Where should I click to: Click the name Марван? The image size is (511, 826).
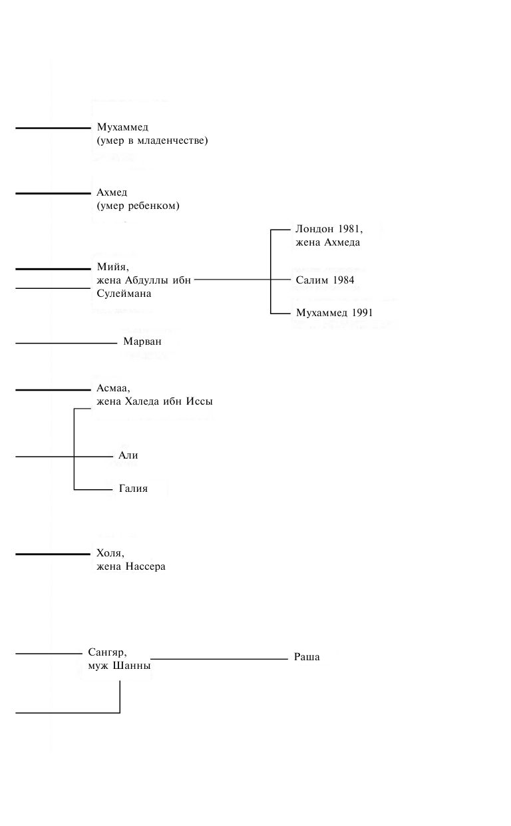(x=142, y=342)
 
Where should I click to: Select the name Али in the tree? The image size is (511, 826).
(x=128, y=456)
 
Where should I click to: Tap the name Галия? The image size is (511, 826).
(x=132, y=489)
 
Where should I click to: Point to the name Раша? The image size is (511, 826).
(x=307, y=658)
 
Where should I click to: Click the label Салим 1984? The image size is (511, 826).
(x=325, y=280)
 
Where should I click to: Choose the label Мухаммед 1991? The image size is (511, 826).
(x=334, y=312)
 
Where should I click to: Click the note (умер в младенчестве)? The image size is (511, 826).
(x=152, y=140)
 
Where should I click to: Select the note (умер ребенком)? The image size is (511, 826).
(x=138, y=206)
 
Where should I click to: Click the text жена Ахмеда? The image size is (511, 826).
(x=327, y=243)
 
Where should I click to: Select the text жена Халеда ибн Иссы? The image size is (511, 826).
(x=154, y=402)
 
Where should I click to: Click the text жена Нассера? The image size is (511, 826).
(x=130, y=567)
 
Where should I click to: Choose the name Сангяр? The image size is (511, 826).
(x=107, y=652)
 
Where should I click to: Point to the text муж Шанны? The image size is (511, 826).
(x=118, y=666)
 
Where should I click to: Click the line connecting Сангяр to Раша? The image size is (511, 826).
(x=220, y=659)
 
